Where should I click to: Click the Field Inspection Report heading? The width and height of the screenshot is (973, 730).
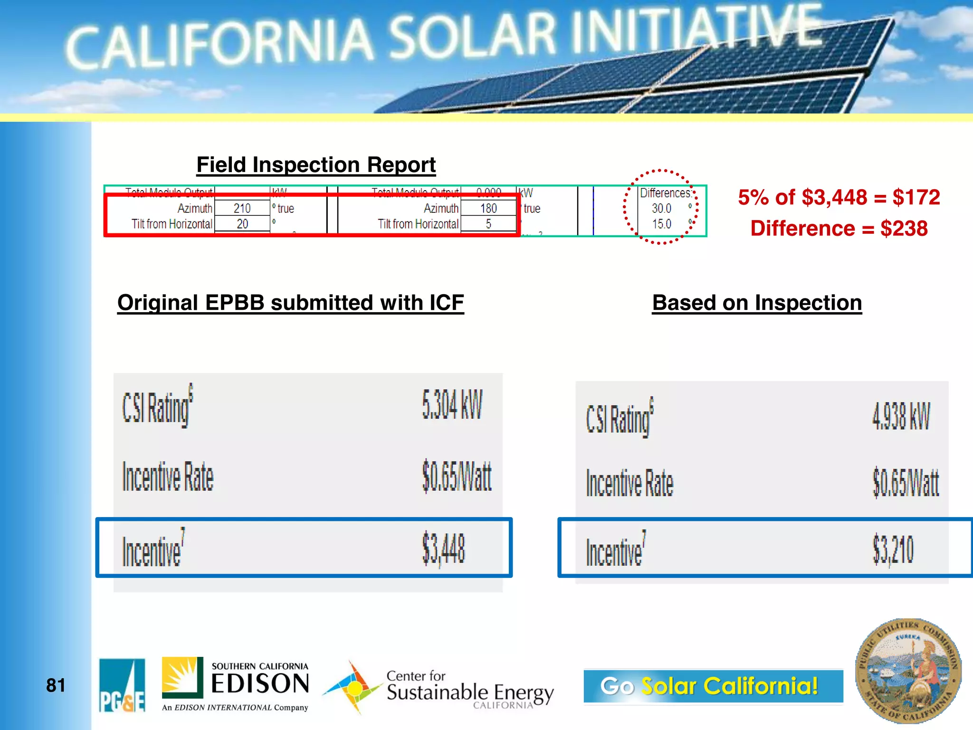pyautogui.click(x=316, y=165)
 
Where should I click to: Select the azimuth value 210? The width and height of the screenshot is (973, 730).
pyautogui.click(x=242, y=208)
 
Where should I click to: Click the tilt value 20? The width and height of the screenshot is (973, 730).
pyautogui.click(x=242, y=224)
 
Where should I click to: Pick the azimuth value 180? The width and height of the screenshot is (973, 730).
pyautogui.click(x=488, y=208)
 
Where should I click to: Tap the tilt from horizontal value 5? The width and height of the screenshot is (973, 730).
pyautogui.click(x=488, y=224)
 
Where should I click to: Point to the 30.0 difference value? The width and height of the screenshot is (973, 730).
pyautogui.click(x=661, y=208)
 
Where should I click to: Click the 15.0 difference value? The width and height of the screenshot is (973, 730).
pyautogui.click(x=661, y=224)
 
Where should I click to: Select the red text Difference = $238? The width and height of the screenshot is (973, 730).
pyautogui.click(x=839, y=229)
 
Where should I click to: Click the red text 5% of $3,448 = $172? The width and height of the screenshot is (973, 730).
pyautogui.click(x=839, y=197)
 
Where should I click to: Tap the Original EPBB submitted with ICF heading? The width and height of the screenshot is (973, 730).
pyautogui.click(x=290, y=303)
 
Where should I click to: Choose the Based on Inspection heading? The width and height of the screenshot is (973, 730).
pyautogui.click(x=757, y=303)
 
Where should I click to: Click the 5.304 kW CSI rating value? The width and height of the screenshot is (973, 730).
pyautogui.click(x=452, y=405)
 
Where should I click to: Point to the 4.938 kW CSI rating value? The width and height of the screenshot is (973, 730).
pyautogui.click(x=901, y=416)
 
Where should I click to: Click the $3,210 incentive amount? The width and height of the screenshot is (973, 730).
pyautogui.click(x=893, y=549)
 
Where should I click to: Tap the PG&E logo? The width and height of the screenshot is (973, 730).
pyautogui.click(x=122, y=685)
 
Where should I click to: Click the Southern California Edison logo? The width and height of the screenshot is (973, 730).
pyautogui.click(x=235, y=684)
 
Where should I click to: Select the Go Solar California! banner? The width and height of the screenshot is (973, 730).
pyautogui.click(x=713, y=686)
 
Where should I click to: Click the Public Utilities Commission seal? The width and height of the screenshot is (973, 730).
pyautogui.click(x=908, y=671)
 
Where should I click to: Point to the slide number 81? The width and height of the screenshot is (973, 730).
pyautogui.click(x=56, y=685)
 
